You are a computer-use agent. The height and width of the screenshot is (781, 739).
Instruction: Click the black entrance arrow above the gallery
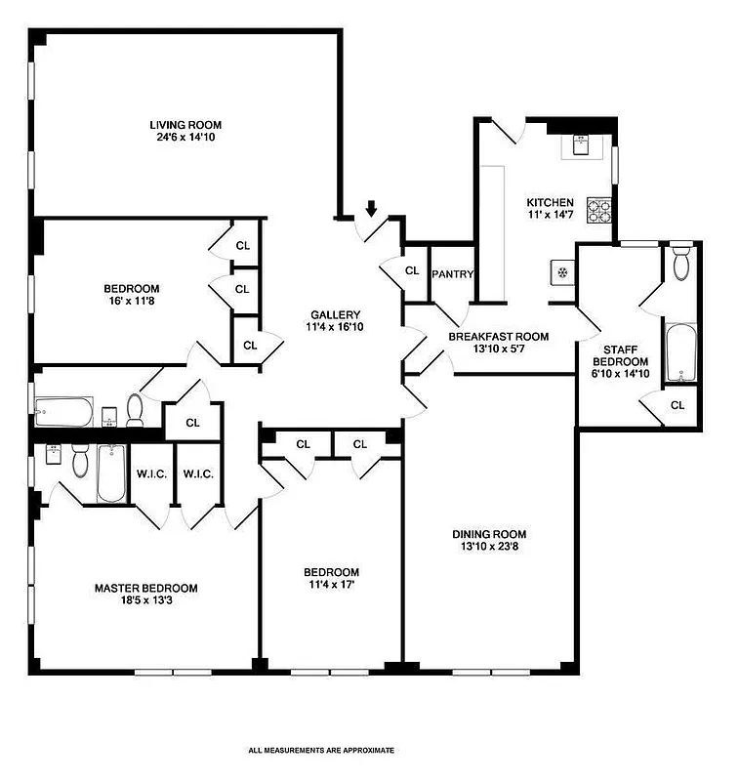372,208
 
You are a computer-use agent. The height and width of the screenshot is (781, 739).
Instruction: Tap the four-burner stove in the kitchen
596,209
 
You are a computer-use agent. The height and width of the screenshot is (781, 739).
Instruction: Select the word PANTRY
452,273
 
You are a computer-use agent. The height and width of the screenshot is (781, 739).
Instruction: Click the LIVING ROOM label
185,125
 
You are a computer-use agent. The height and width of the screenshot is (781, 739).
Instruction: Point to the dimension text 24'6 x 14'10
185,138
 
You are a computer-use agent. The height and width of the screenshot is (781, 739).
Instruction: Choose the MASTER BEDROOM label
145,588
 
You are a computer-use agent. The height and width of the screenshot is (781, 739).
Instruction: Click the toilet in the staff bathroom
681,263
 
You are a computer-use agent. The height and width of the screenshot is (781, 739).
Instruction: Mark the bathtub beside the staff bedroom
679,354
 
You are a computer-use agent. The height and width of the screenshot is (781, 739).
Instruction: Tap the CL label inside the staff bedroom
677,404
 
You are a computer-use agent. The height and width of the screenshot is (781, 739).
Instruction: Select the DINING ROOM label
489,534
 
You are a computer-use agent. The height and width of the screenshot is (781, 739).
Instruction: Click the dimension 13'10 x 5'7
498,349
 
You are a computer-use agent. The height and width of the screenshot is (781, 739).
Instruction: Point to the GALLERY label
336,314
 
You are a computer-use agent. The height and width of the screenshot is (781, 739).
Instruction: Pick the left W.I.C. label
151,474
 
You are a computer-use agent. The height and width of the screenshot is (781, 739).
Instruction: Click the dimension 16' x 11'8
132,302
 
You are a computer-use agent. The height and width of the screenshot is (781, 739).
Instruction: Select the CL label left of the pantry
412,270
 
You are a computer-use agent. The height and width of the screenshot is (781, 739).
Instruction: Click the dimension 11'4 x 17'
331,585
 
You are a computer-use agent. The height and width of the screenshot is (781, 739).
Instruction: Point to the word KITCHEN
551,202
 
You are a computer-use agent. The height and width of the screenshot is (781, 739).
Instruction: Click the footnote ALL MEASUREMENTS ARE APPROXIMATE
321,751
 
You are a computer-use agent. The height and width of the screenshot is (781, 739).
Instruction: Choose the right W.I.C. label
198,474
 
